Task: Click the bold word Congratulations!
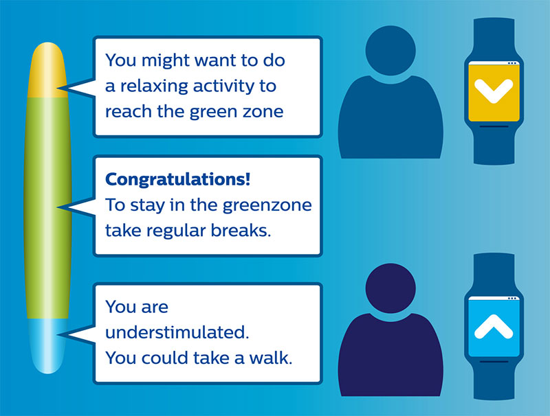pos(178,180)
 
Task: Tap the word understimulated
pos(177,332)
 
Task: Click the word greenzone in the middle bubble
pos(267,205)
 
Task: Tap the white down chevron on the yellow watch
pos(494,91)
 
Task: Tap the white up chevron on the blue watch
pos(494,326)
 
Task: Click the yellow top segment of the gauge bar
pos(47,70)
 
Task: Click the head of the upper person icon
pos(390,50)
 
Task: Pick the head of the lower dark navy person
pos(390,288)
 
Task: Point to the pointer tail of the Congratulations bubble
pos(76,207)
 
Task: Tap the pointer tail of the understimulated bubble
pos(76,335)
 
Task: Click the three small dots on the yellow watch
pos(512,63)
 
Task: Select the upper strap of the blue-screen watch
pos(494,274)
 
